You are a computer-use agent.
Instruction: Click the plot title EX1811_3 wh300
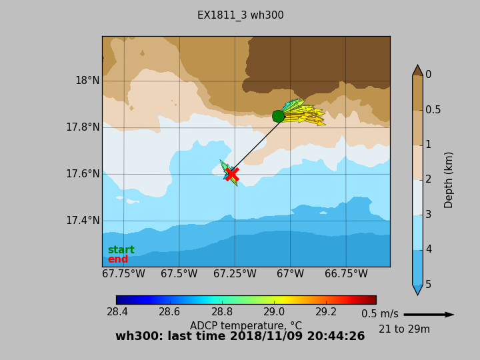pyautogui.click(x=240, y=15)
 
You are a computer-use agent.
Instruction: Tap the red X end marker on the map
pyautogui.click(x=232, y=174)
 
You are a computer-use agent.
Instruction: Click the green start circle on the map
pyautogui.click(x=279, y=116)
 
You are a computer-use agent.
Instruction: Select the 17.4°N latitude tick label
pyautogui.click(x=83, y=221)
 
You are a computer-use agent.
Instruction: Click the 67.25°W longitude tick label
pyautogui.click(x=235, y=274)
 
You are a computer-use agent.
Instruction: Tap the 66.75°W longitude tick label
pyautogui.click(x=346, y=274)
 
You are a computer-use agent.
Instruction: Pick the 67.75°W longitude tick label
pyautogui.click(x=123, y=274)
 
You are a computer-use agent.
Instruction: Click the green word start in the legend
pyautogui.click(x=121, y=250)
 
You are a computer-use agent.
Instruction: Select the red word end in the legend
pyautogui.click(x=118, y=259)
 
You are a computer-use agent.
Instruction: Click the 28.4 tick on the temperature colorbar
pyautogui.click(x=117, y=312)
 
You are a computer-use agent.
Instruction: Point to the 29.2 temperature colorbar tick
pyautogui.click(x=326, y=312)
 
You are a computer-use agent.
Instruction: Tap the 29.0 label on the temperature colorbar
pyautogui.click(x=274, y=312)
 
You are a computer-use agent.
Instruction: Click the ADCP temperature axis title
pyautogui.click(x=246, y=326)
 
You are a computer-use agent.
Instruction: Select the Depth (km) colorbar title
pyautogui.click(x=449, y=179)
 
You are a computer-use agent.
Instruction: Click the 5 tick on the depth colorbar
pyautogui.click(x=429, y=284)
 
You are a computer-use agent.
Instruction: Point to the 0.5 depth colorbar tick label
pyautogui.click(x=433, y=110)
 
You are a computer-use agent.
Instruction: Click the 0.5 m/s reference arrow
pyautogui.click(x=429, y=315)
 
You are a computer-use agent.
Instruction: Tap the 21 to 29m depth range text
pyautogui.click(x=404, y=329)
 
